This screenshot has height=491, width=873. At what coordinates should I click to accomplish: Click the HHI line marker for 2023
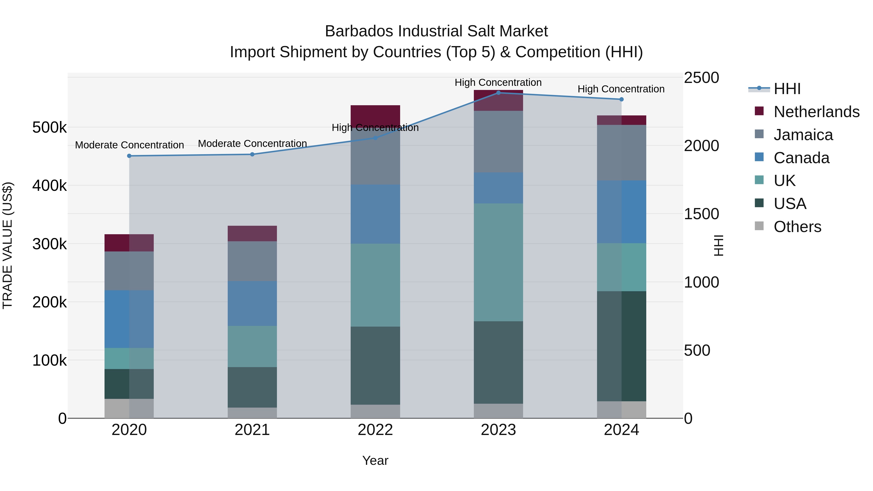[498, 93]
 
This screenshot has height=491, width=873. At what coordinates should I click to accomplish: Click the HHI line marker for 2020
[129, 156]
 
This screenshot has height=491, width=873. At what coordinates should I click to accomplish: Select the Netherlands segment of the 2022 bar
[375, 115]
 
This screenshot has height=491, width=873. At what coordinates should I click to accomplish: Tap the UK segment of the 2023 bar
[498, 262]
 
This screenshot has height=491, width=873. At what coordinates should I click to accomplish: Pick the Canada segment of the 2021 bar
[252, 303]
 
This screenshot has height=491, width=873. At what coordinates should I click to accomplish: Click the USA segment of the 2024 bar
[622, 346]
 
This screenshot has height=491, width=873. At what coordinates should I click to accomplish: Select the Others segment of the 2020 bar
[129, 408]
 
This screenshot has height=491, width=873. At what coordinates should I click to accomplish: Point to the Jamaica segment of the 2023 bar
[498, 142]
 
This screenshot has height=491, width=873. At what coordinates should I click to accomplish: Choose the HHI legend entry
[787, 89]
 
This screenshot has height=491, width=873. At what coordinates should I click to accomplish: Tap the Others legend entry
[797, 227]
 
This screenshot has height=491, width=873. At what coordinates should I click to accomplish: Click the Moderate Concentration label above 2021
[252, 144]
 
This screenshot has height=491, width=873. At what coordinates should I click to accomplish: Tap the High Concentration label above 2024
[621, 89]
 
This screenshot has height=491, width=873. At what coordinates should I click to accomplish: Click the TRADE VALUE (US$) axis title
[8, 245]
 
